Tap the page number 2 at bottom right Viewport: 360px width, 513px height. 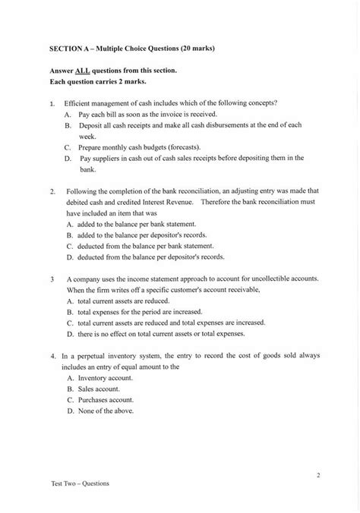pos(318,476)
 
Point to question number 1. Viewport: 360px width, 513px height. pos(52,102)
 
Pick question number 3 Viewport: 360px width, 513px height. pos(51,279)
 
